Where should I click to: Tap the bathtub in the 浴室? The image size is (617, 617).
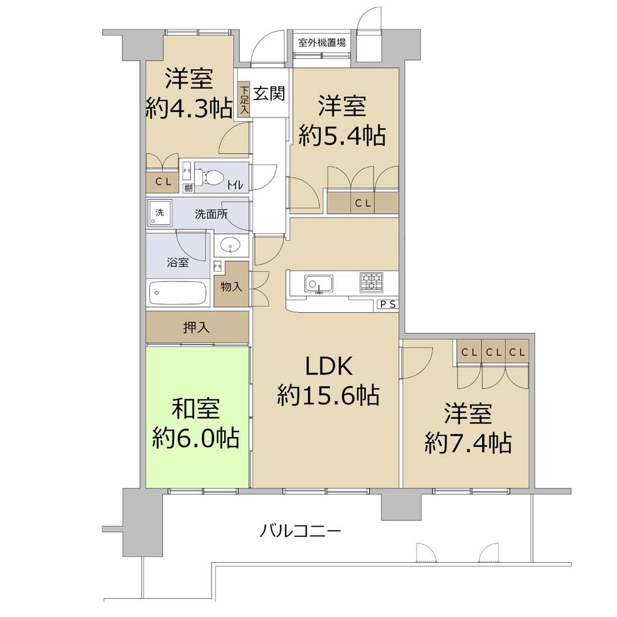click(178, 293)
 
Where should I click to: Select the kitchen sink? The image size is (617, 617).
click(318, 284)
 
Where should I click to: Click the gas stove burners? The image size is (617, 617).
click(371, 283)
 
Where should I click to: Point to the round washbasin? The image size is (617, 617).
click(230, 245)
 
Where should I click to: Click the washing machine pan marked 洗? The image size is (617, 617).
click(160, 213)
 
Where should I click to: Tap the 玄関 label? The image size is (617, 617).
click(268, 93)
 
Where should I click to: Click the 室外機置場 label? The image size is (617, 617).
click(322, 43)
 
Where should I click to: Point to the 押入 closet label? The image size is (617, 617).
click(196, 327)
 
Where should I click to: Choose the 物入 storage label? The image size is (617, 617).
click(231, 286)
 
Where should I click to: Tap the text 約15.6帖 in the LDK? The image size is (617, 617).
click(328, 395)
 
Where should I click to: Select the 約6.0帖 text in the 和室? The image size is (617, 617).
click(196, 438)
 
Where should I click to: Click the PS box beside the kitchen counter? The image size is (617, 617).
click(387, 304)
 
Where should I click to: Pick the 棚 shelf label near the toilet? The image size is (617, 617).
click(189, 188)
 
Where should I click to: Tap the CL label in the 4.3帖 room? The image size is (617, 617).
click(163, 182)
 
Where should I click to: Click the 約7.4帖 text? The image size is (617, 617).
click(468, 443)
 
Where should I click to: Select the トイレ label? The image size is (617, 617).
click(236, 185)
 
